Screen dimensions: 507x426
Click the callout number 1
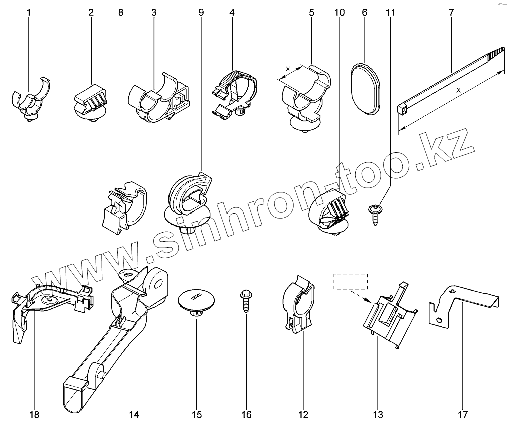(x=29, y=12)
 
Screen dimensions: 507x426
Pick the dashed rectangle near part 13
(x=351, y=282)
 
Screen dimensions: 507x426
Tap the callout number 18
(x=34, y=414)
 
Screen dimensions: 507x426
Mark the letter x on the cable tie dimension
(x=459, y=91)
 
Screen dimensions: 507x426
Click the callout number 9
(x=201, y=12)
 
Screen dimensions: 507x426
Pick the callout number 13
(x=378, y=414)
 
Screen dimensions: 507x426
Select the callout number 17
(x=462, y=414)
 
